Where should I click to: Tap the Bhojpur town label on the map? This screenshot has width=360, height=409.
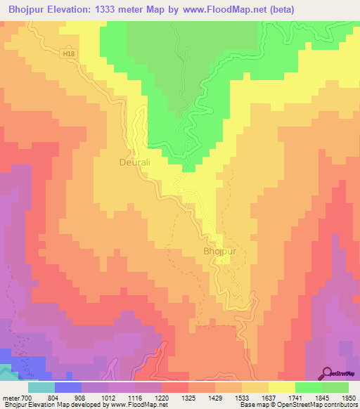click(219, 252)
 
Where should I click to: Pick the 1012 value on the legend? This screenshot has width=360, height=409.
click(108, 398)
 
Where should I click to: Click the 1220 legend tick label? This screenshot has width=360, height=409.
click(161, 398)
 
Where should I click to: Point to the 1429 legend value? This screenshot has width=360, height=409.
click(214, 398)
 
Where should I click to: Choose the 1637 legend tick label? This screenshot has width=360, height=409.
click(268, 398)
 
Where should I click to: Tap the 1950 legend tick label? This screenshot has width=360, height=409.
click(348, 398)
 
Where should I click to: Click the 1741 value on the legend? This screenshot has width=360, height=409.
click(295, 398)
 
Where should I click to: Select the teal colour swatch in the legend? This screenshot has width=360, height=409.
click(41, 387)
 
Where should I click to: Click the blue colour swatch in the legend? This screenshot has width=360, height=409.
click(67, 387)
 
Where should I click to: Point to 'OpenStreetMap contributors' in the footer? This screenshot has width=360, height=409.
click(310, 405)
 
